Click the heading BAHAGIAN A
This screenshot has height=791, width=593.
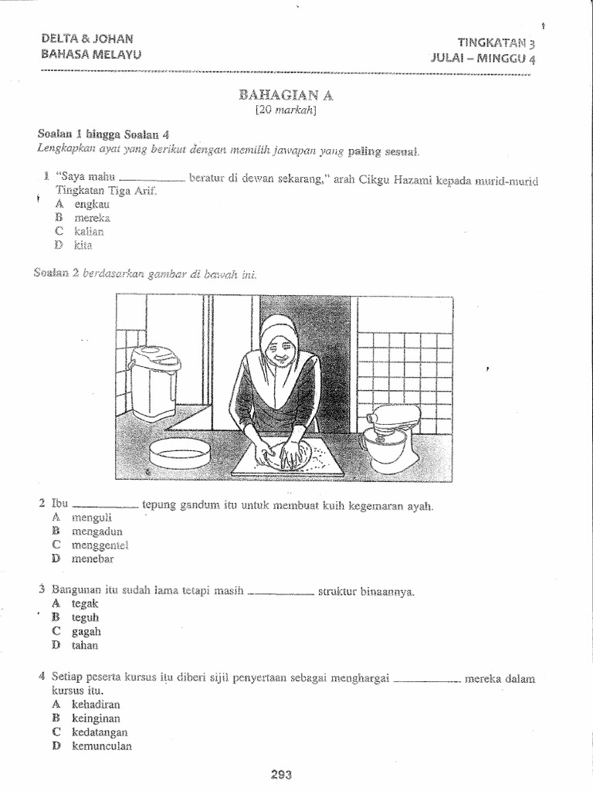click(289, 96)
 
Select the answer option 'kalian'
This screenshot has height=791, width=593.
click(89, 232)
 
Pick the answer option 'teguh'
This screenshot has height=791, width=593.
click(86, 617)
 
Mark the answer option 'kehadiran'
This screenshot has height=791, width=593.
click(96, 704)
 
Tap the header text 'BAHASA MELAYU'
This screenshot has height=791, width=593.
click(92, 54)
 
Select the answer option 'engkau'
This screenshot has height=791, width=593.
click(91, 205)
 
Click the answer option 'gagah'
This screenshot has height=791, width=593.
click(86, 631)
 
